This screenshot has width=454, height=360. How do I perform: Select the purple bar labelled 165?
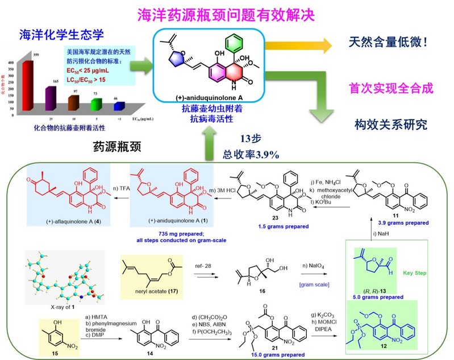[49, 94]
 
